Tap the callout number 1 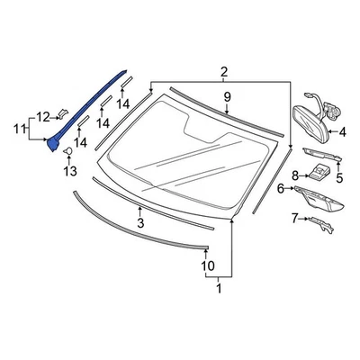tap(218, 289)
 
